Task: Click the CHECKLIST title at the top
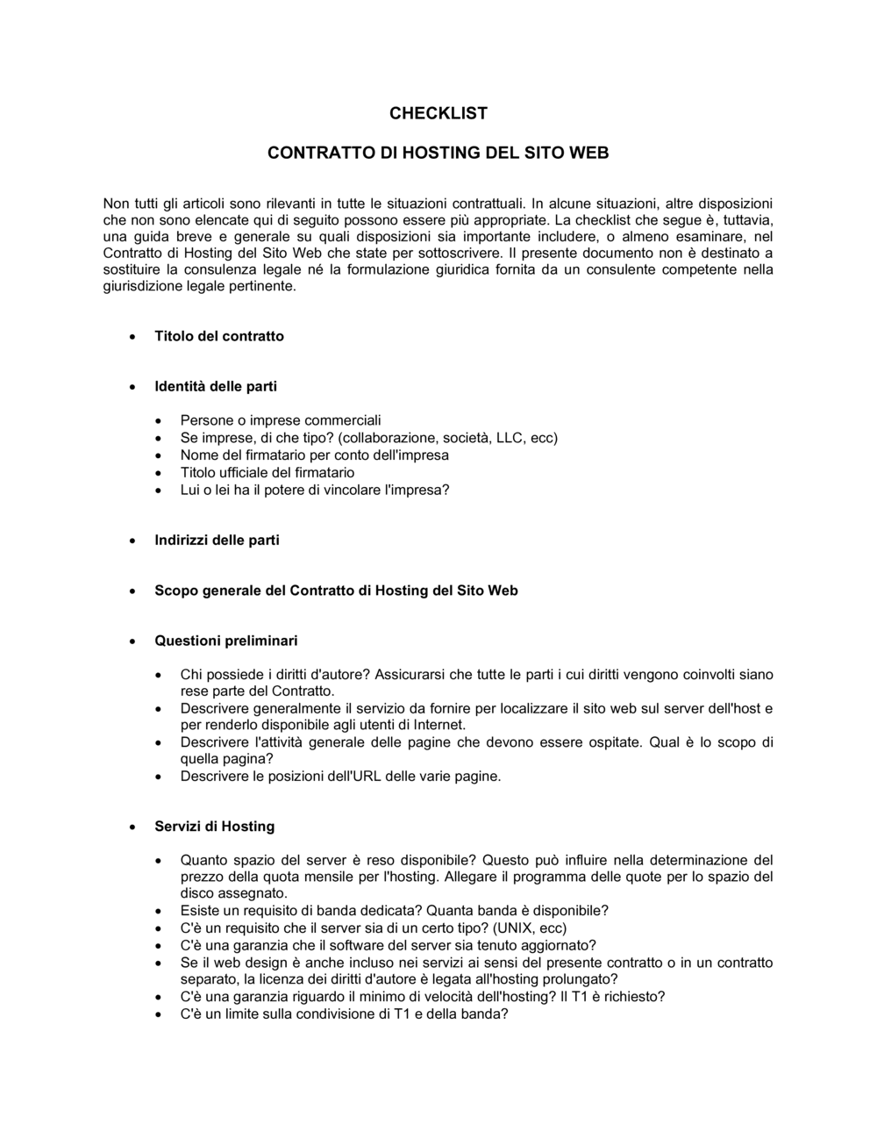point(438,113)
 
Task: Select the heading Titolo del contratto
point(219,336)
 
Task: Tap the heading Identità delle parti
point(216,386)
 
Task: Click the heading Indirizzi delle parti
point(217,541)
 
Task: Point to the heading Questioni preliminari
point(226,641)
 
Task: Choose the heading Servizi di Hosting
point(214,827)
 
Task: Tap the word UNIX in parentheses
point(515,928)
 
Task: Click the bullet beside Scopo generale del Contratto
point(132,591)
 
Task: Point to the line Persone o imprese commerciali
point(281,421)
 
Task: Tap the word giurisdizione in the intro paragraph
point(143,286)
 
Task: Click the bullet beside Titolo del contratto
point(132,337)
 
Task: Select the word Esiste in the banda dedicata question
point(200,911)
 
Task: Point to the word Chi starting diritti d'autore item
point(191,675)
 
